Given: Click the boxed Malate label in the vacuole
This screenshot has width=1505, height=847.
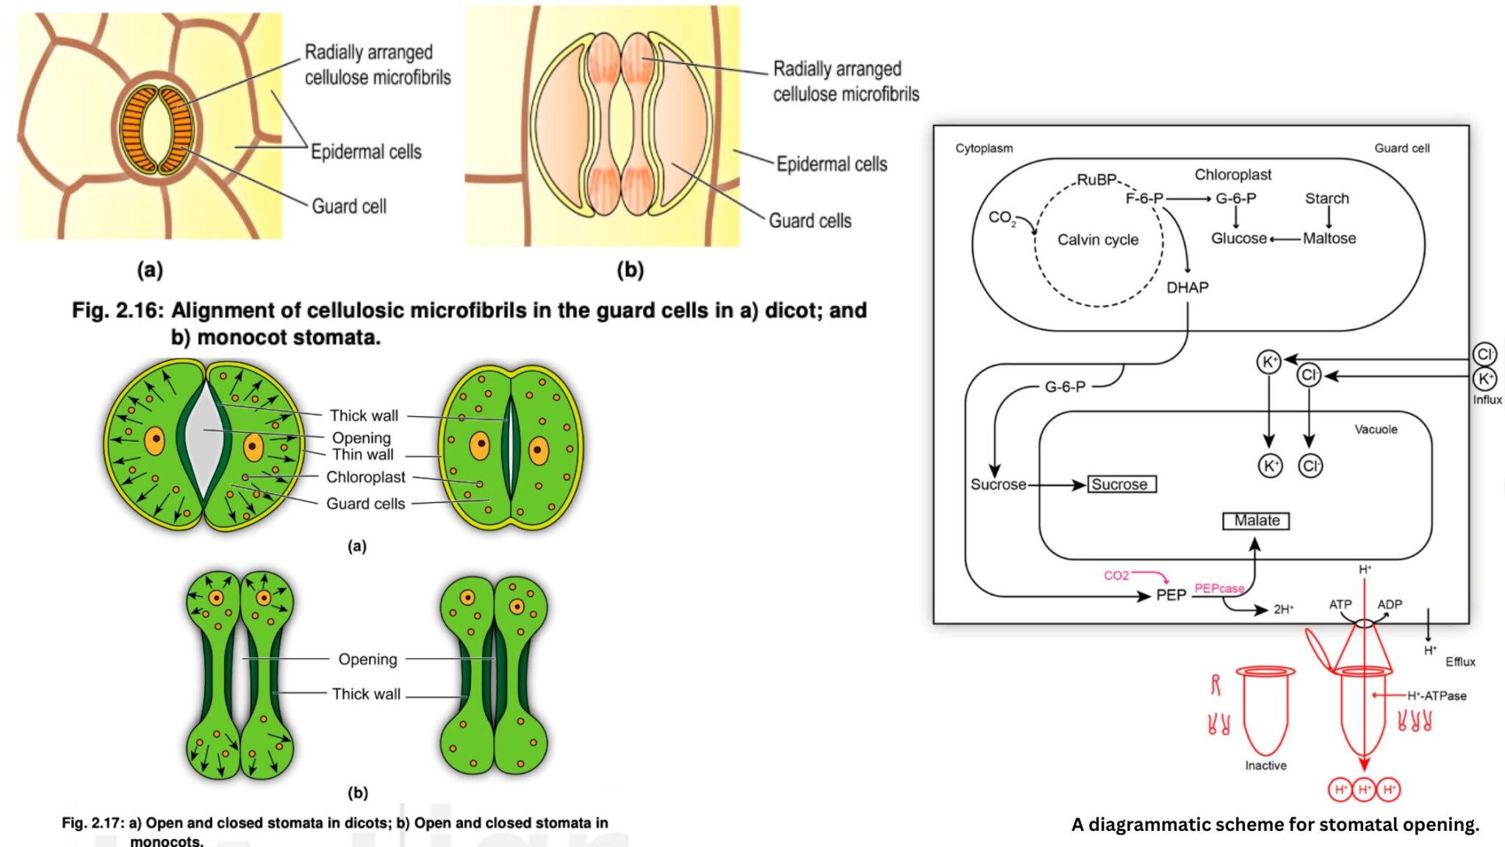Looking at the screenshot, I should [x=1256, y=521].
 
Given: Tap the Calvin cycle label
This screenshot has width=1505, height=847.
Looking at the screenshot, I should [x=1097, y=240].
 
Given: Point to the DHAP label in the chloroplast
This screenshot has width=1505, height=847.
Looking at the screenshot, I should [x=1187, y=287].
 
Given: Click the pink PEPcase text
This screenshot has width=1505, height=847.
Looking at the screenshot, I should [x=1218, y=588].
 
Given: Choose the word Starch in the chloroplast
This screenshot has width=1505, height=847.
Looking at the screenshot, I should [x=1326, y=199].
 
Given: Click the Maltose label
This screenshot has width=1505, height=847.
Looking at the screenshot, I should [x=1329, y=238].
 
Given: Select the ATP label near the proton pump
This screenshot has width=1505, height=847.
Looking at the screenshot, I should [x=1340, y=604].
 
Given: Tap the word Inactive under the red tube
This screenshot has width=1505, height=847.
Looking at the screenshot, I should [x=1265, y=765].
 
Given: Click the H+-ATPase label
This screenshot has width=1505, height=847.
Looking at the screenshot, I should [x=1437, y=696].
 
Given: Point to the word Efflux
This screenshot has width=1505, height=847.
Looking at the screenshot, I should [x=1459, y=662].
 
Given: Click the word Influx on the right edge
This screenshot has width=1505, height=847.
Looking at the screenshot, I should [x=1487, y=400].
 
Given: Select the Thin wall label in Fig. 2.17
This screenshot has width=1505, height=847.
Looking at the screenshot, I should [x=362, y=454].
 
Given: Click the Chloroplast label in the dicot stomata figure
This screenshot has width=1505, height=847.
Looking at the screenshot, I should [x=365, y=477].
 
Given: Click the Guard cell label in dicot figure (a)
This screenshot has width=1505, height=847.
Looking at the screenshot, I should [x=348, y=207].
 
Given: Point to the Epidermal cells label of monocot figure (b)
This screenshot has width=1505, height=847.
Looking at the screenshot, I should [x=831, y=164].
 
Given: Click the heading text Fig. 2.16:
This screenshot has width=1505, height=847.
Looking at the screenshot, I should [x=117, y=310].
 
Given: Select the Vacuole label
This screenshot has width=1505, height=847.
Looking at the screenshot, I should [x=1376, y=429].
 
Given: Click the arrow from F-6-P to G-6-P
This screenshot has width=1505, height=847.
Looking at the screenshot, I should [x=1188, y=199].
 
